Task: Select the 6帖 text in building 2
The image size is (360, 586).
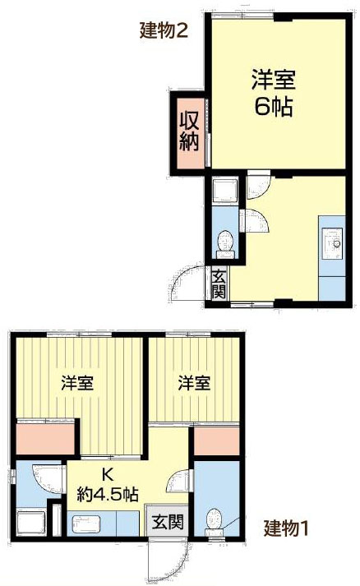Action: pos(274,107)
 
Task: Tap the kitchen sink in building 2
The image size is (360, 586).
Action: pos(333,242)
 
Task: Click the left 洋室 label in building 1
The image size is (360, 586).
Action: pos(76,382)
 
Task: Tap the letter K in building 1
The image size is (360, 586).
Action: pos(107,475)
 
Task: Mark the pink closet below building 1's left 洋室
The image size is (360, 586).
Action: pos(46,437)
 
